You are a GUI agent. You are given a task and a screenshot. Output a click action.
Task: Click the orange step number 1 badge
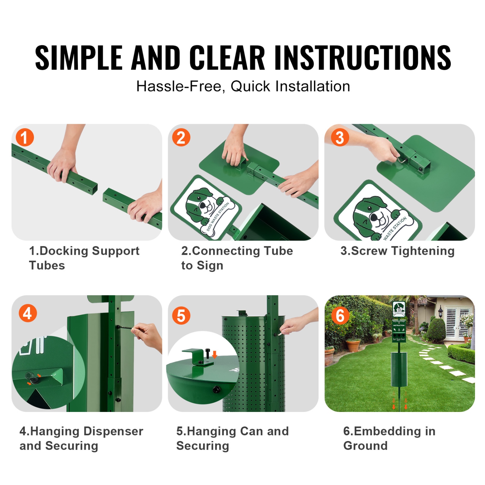[x=25, y=137]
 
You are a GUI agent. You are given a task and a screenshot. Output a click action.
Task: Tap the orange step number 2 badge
[x=181, y=137]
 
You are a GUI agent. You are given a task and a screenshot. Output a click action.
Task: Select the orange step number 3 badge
[x=340, y=137]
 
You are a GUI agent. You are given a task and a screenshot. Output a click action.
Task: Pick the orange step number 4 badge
[x=27, y=313]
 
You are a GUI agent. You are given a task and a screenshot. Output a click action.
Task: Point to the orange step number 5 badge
[x=181, y=316]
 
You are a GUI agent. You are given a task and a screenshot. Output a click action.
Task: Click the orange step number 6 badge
[x=340, y=316]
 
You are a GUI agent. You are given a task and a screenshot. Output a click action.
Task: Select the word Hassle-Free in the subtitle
[x=180, y=86]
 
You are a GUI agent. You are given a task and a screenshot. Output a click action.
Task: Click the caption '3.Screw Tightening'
[x=397, y=251]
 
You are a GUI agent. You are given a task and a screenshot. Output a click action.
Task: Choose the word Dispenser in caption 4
[x=113, y=431]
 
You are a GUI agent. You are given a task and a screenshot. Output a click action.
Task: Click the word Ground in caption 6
[x=365, y=446]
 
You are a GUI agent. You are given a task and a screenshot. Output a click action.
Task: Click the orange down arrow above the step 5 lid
[x=214, y=355]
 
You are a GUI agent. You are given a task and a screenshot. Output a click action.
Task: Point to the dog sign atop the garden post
[x=399, y=308]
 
